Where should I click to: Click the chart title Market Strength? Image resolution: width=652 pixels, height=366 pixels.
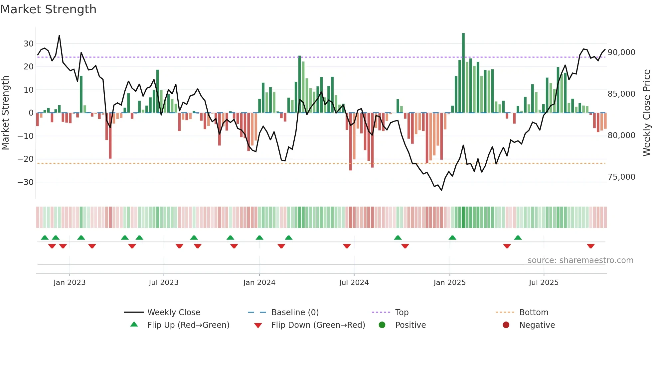[48, 9]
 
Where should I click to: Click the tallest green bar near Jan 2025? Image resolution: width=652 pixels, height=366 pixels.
[463, 73]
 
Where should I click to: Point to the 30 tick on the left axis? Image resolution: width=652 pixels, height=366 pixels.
[29, 44]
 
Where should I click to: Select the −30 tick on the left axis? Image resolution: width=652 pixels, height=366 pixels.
[26, 182]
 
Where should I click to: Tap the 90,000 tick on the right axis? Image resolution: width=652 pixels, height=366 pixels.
[621, 52]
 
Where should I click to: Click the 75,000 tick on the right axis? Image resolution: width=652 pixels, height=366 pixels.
[621, 177]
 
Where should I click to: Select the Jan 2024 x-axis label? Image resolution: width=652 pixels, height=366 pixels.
[259, 282]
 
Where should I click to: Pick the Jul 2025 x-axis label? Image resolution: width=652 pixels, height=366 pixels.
[544, 282]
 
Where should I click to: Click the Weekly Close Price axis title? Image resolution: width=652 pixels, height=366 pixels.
[646, 113]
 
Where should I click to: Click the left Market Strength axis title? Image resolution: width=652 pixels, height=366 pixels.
[5, 113]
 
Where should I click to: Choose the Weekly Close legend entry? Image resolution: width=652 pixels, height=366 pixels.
[173, 312]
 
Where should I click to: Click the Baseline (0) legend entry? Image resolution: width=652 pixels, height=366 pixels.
[295, 312]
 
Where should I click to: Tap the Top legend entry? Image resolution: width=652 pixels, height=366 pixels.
[402, 312]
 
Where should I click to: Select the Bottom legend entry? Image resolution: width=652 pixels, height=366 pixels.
[534, 312]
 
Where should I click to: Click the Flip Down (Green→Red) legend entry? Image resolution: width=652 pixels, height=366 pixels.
[318, 325]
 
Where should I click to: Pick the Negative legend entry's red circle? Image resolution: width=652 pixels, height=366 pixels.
[506, 325]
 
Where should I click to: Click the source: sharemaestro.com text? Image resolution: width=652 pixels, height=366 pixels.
[580, 260]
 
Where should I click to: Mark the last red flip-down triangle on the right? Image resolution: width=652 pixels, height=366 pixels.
[591, 246]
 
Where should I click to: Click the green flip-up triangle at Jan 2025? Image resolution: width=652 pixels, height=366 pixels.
[452, 237]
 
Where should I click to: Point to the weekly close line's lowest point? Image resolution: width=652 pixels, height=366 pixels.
[441, 190]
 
